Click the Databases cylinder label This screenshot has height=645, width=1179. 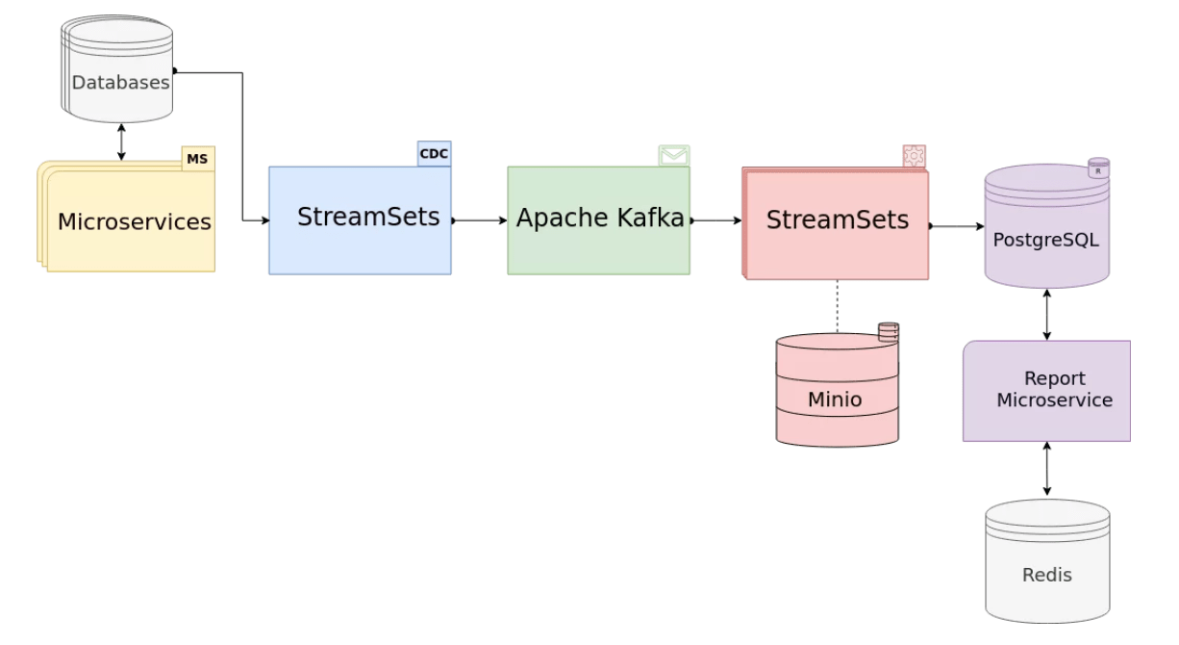pyautogui.click(x=120, y=82)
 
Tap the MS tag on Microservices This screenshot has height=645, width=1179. pyautogui.click(x=197, y=158)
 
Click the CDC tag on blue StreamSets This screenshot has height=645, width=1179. pyautogui.click(x=434, y=153)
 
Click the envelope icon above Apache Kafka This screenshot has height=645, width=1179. pyautogui.click(x=673, y=155)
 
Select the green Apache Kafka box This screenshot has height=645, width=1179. pyautogui.click(x=598, y=219)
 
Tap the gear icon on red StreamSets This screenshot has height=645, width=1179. pyautogui.click(x=914, y=156)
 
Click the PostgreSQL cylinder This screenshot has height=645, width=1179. pyautogui.click(x=1046, y=236)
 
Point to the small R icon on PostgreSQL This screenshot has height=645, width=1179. pyautogui.click(x=1098, y=168)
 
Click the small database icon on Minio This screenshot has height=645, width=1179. pyautogui.click(x=888, y=332)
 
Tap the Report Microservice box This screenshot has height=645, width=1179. pyautogui.click(x=1046, y=390)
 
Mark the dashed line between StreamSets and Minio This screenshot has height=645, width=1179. pyautogui.click(x=837, y=306)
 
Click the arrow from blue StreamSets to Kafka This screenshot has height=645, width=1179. pyautogui.click(x=479, y=220)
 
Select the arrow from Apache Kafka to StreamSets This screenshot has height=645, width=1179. pyautogui.click(x=715, y=220)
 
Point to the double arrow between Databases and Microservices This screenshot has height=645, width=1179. pyautogui.click(x=121, y=142)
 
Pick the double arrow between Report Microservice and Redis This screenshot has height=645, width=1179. pyautogui.click(x=1046, y=470)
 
